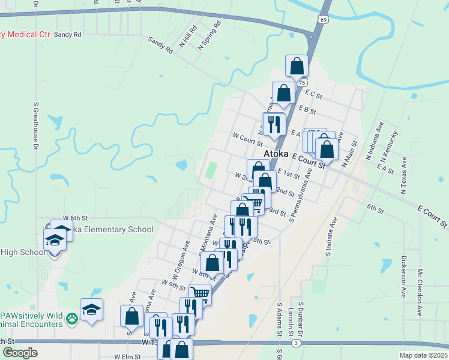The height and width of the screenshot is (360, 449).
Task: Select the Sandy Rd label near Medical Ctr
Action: point(67,35)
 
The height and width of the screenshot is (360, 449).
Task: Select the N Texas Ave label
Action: point(403,176)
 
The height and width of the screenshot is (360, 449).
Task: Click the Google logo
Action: point(20,353)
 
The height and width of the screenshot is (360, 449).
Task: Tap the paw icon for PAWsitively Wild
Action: point(72,318)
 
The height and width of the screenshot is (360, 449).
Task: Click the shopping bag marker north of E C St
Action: point(297,66)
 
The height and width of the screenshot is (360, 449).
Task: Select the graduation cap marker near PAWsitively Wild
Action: point(91,310)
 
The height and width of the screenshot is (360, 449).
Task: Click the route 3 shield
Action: point(297,343)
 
